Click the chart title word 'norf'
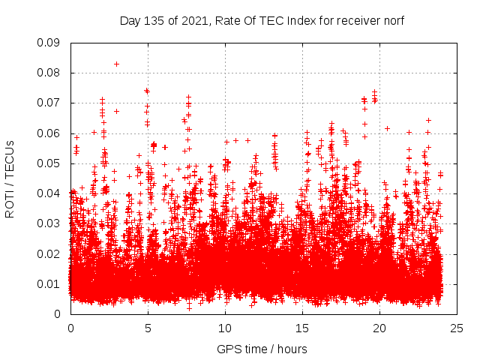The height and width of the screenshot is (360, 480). [393, 21]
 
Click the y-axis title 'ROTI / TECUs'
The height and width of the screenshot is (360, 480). [10, 178]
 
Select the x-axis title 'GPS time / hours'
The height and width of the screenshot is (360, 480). [262, 349]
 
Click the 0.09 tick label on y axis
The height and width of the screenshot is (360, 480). [49, 43]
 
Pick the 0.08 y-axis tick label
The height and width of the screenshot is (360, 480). [49, 73]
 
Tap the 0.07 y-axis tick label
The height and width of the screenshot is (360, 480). [49, 103]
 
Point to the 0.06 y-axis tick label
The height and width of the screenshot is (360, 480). [49, 133]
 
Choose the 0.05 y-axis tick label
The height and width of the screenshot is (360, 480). [49, 163]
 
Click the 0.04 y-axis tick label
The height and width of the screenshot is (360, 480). [49, 193]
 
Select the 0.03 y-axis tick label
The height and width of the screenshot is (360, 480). [49, 223]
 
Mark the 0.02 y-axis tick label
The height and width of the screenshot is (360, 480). [49, 253]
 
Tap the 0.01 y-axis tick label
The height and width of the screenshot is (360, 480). [49, 283]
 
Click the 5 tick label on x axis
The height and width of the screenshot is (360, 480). [148, 328]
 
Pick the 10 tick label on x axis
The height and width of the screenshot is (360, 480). [225, 328]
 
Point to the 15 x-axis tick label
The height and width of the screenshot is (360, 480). [302, 328]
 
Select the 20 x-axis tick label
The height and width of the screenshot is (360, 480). [379, 328]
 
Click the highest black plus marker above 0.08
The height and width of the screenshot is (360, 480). [116, 64]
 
